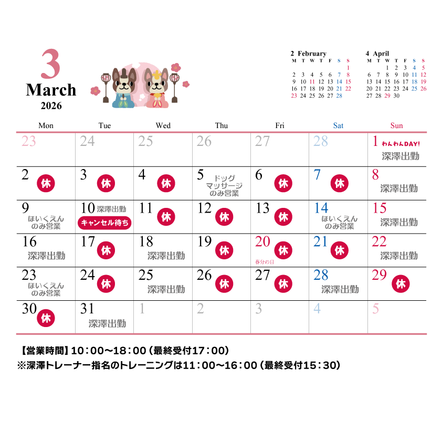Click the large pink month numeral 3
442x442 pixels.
(x=51, y=65)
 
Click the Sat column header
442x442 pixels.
(x=338, y=126)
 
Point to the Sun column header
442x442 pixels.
(x=396, y=126)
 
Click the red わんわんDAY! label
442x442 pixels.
(x=401, y=144)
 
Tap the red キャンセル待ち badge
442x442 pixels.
(x=104, y=223)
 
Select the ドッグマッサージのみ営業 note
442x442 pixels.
(x=224, y=185)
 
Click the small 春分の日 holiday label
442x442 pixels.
(x=265, y=262)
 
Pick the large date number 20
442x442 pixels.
(x=262, y=242)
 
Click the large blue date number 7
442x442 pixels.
(x=317, y=175)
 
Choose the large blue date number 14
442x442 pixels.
(x=321, y=208)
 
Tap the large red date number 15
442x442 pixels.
(x=379, y=208)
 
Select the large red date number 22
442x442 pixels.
(x=379, y=242)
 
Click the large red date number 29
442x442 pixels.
(x=379, y=275)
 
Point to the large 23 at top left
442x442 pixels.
(x=29, y=141)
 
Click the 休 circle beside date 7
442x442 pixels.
(x=340, y=183)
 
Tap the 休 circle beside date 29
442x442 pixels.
(x=401, y=283)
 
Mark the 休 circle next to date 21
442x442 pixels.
(x=340, y=250)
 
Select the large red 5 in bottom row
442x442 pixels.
(x=375, y=309)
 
